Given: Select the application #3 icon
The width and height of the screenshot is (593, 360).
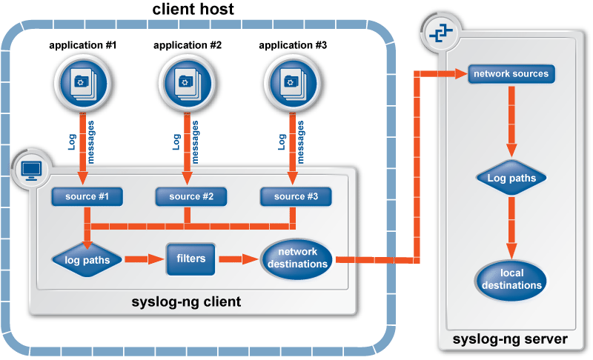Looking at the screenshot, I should [292, 81].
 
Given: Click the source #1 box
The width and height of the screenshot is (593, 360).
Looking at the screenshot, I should [87, 196].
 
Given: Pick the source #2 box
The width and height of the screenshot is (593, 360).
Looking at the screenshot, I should [191, 196].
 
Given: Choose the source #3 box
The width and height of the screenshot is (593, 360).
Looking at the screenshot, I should [295, 196].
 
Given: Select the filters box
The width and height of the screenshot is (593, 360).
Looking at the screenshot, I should [191, 259].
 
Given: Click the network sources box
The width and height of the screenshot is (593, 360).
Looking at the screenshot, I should [511, 74].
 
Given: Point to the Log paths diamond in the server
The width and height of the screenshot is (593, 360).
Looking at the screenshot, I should [511, 179].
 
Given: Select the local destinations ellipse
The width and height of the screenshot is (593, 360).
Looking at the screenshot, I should [511, 279].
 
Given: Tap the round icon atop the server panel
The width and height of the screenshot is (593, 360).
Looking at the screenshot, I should [440, 32].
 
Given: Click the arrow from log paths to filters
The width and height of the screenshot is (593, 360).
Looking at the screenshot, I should [144, 259].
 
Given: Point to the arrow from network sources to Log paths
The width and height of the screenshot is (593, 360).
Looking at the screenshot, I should [511, 119].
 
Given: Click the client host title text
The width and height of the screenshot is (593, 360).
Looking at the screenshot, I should [193, 10].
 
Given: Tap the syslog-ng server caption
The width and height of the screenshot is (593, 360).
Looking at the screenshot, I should [511, 339].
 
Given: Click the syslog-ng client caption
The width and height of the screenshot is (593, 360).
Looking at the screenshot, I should [186, 302].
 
